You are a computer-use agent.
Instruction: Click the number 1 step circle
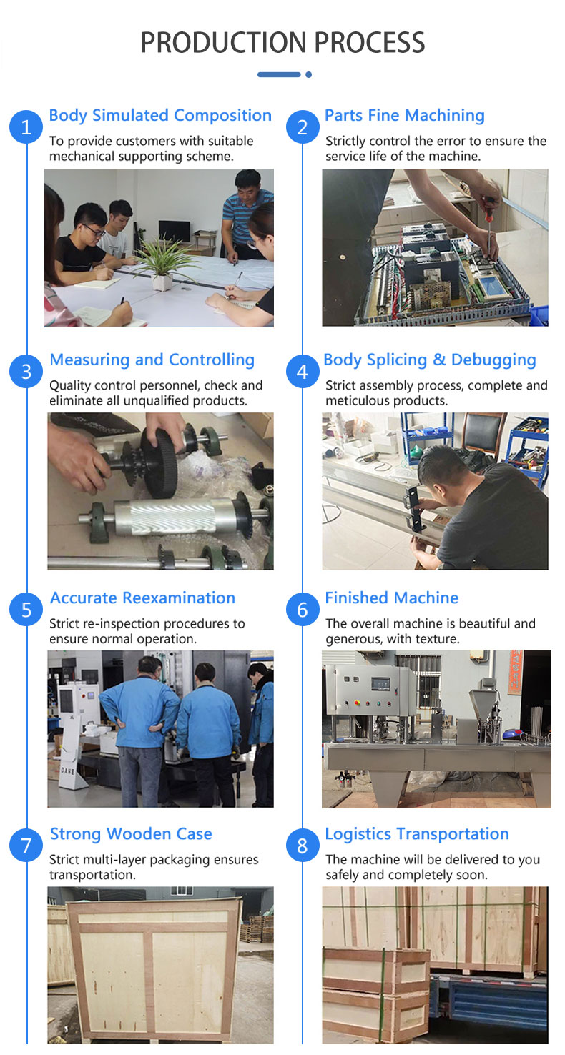click(x=26, y=127)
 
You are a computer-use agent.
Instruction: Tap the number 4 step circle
click(x=303, y=372)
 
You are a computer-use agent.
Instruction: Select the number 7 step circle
click(x=26, y=846)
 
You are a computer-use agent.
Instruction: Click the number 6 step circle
click(x=303, y=610)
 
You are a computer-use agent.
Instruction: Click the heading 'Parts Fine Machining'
click(x=405, y=115)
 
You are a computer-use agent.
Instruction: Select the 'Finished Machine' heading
click(x=392, y=598)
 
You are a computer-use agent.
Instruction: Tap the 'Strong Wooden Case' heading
click(x=131, y=834)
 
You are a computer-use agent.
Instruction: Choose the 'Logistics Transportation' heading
click(x=417, y=834)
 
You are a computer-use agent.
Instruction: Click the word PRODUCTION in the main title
click(x=223, y=42)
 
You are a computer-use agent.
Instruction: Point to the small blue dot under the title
click(x=309, y=74)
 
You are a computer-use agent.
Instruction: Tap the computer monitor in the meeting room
click(x=175, y=230)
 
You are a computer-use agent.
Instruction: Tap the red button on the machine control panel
click(x=357, y=703)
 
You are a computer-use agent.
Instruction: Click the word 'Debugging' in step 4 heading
click(x=493, y=360)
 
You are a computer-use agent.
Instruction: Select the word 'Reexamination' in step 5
click(x=179, y=598)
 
